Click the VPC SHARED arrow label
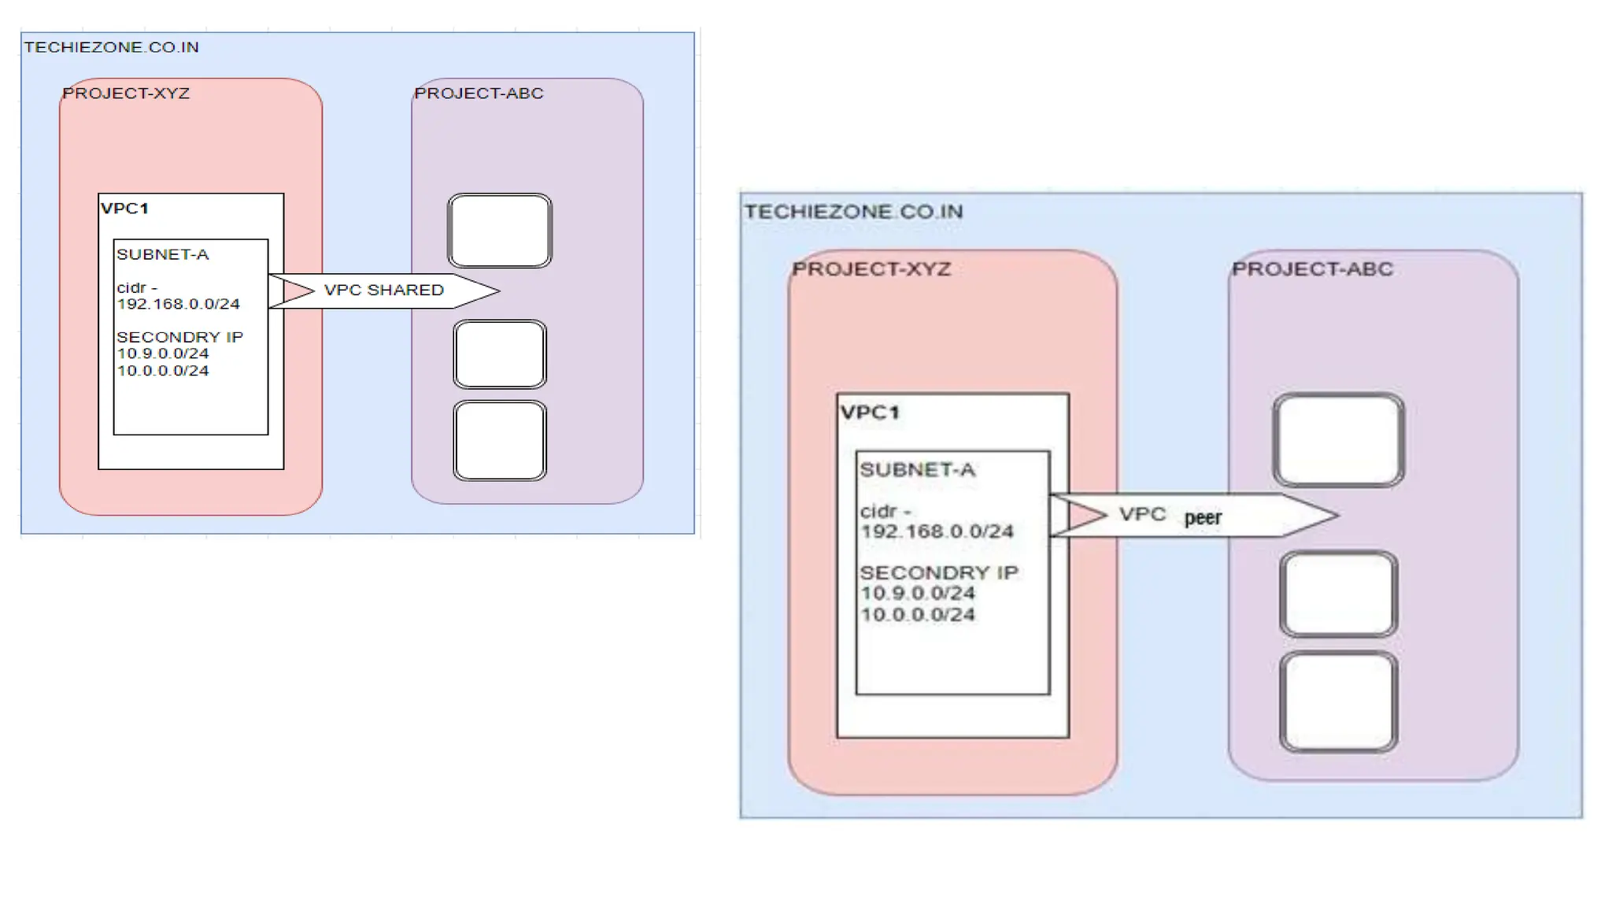point(383,291)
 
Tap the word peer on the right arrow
point(1202,518)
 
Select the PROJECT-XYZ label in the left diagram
point(126,94)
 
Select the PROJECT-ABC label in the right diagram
point(1311,269)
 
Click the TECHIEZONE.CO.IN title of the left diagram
point(111,47)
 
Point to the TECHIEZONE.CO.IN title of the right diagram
point(853,212)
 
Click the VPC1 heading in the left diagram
point(124,209)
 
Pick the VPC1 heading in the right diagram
point(869,413)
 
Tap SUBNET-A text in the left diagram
point(162,254)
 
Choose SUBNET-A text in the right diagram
point(917,470)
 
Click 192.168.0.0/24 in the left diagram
point(178,304)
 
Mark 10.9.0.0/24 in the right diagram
point(917,594)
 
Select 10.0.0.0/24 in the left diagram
point(163,371)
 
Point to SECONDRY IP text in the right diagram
point(938,572)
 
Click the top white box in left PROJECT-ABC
point(499,231)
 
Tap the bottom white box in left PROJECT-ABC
point(499,440)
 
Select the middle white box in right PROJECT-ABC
point(1338,594)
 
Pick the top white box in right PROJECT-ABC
point(1338,440)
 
